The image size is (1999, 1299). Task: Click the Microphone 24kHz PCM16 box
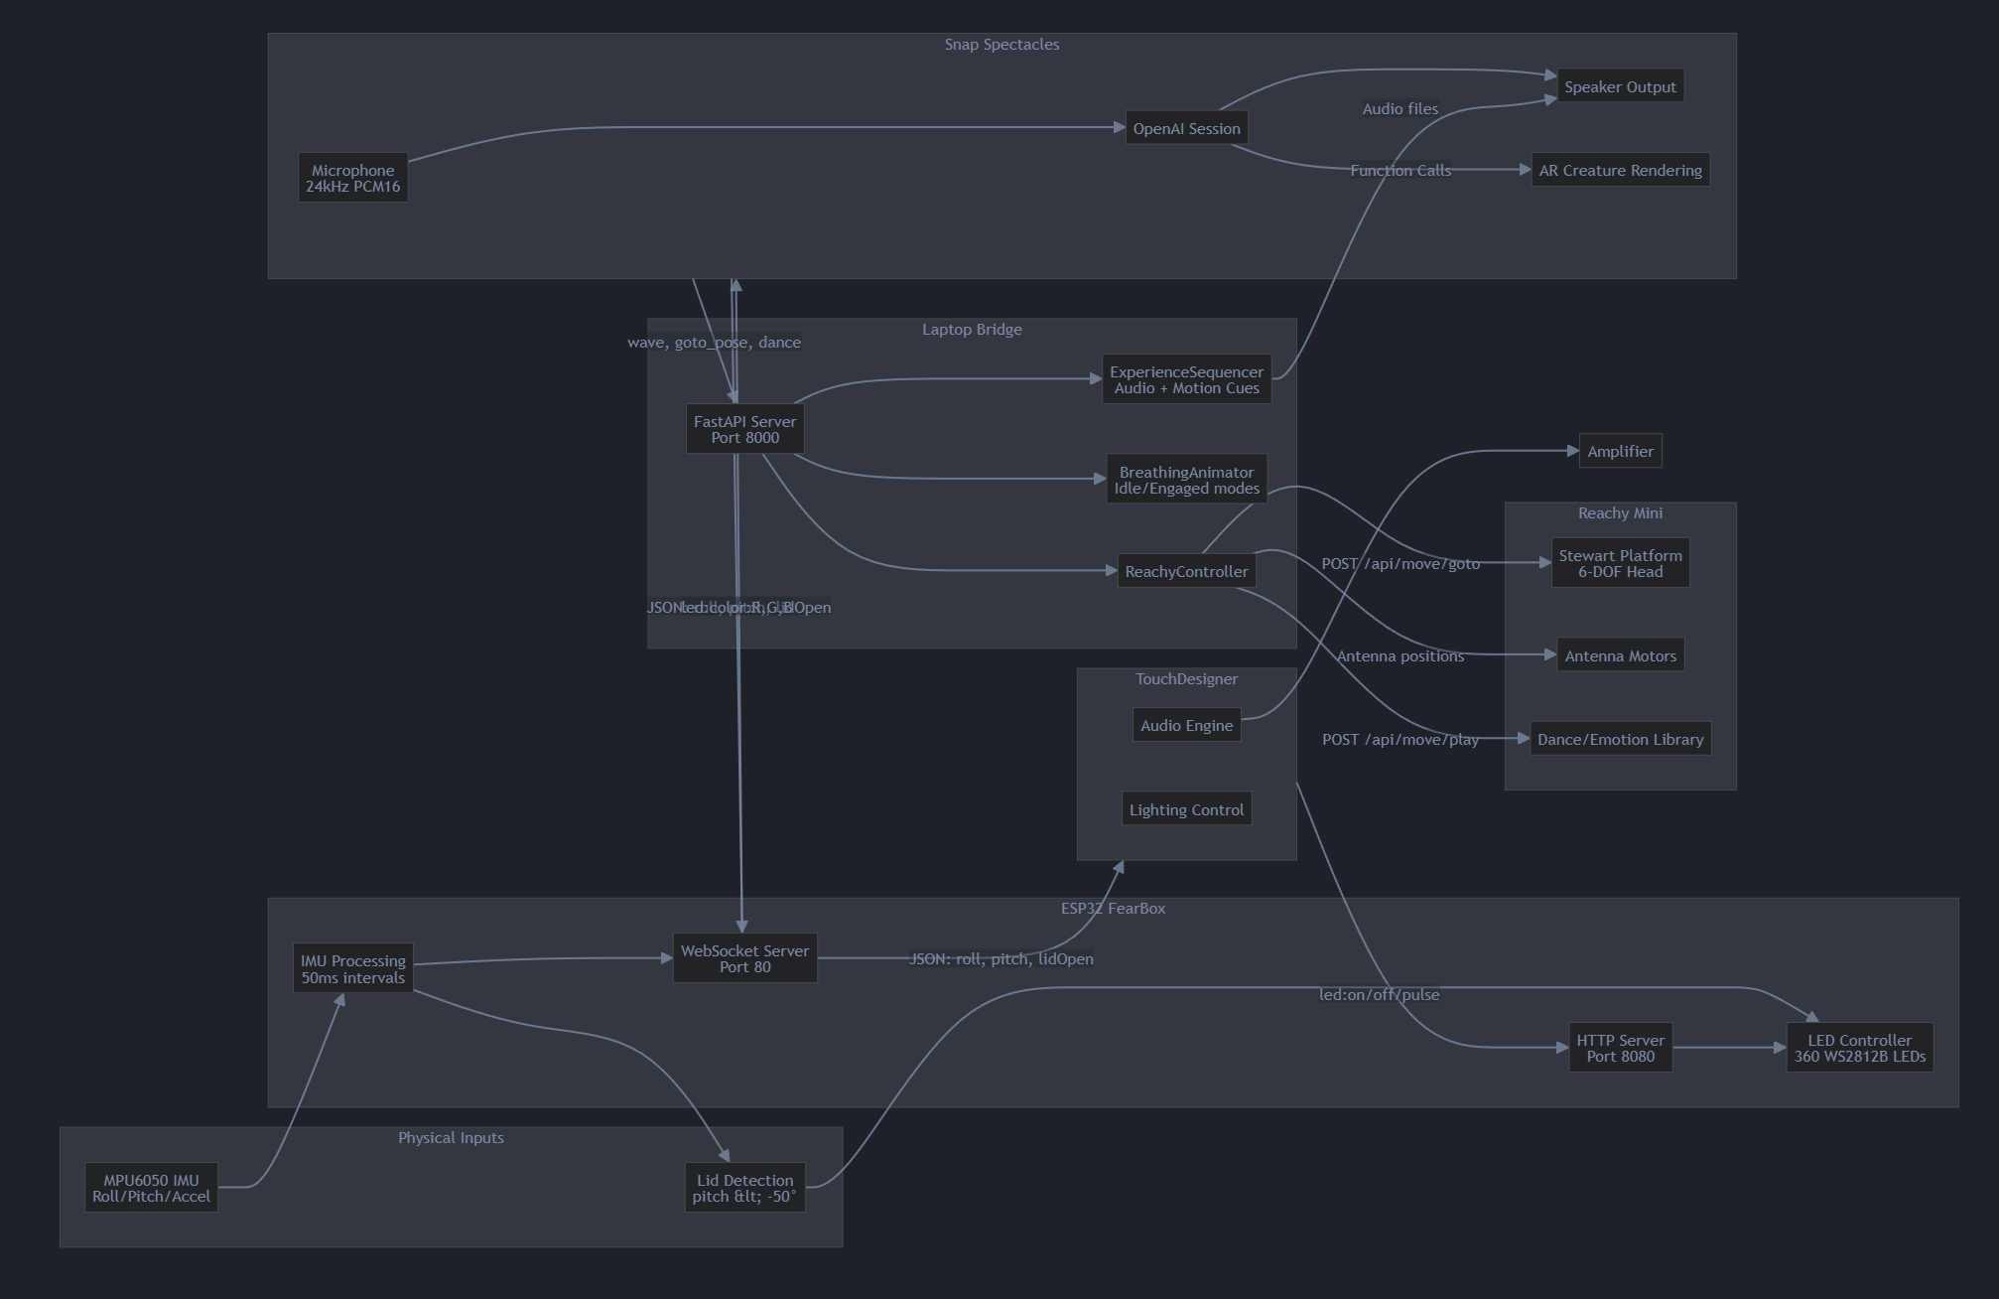point(352,178)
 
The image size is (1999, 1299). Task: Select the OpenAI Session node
point(1186,128)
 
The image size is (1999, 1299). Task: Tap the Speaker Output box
point(1620,86)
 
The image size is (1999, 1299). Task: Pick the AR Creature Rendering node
point(1620,170)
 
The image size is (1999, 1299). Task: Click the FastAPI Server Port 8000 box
point(744,429)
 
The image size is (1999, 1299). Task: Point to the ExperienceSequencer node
point(1186,379)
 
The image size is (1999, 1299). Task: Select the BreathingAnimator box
point(1186,480)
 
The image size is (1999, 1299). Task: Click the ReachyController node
point(1186,571)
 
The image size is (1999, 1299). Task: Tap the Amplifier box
point(1620,451)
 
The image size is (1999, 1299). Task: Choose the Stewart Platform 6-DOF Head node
point(1620,563)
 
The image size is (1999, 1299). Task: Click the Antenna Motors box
point(1620,655)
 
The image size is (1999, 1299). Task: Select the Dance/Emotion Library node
point(1620,739)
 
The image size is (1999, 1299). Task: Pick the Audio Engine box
point(1186,725)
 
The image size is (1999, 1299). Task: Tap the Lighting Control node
point(1186,809)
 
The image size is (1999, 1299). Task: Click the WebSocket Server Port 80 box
point(744,958)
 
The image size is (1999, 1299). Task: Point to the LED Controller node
point(1859,1048)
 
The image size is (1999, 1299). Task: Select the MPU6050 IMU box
point(151,1188)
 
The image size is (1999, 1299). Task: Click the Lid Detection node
point(744,1188)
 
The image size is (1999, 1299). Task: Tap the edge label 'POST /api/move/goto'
point(1399,564)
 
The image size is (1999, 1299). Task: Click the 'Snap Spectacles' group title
point(1001,45)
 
